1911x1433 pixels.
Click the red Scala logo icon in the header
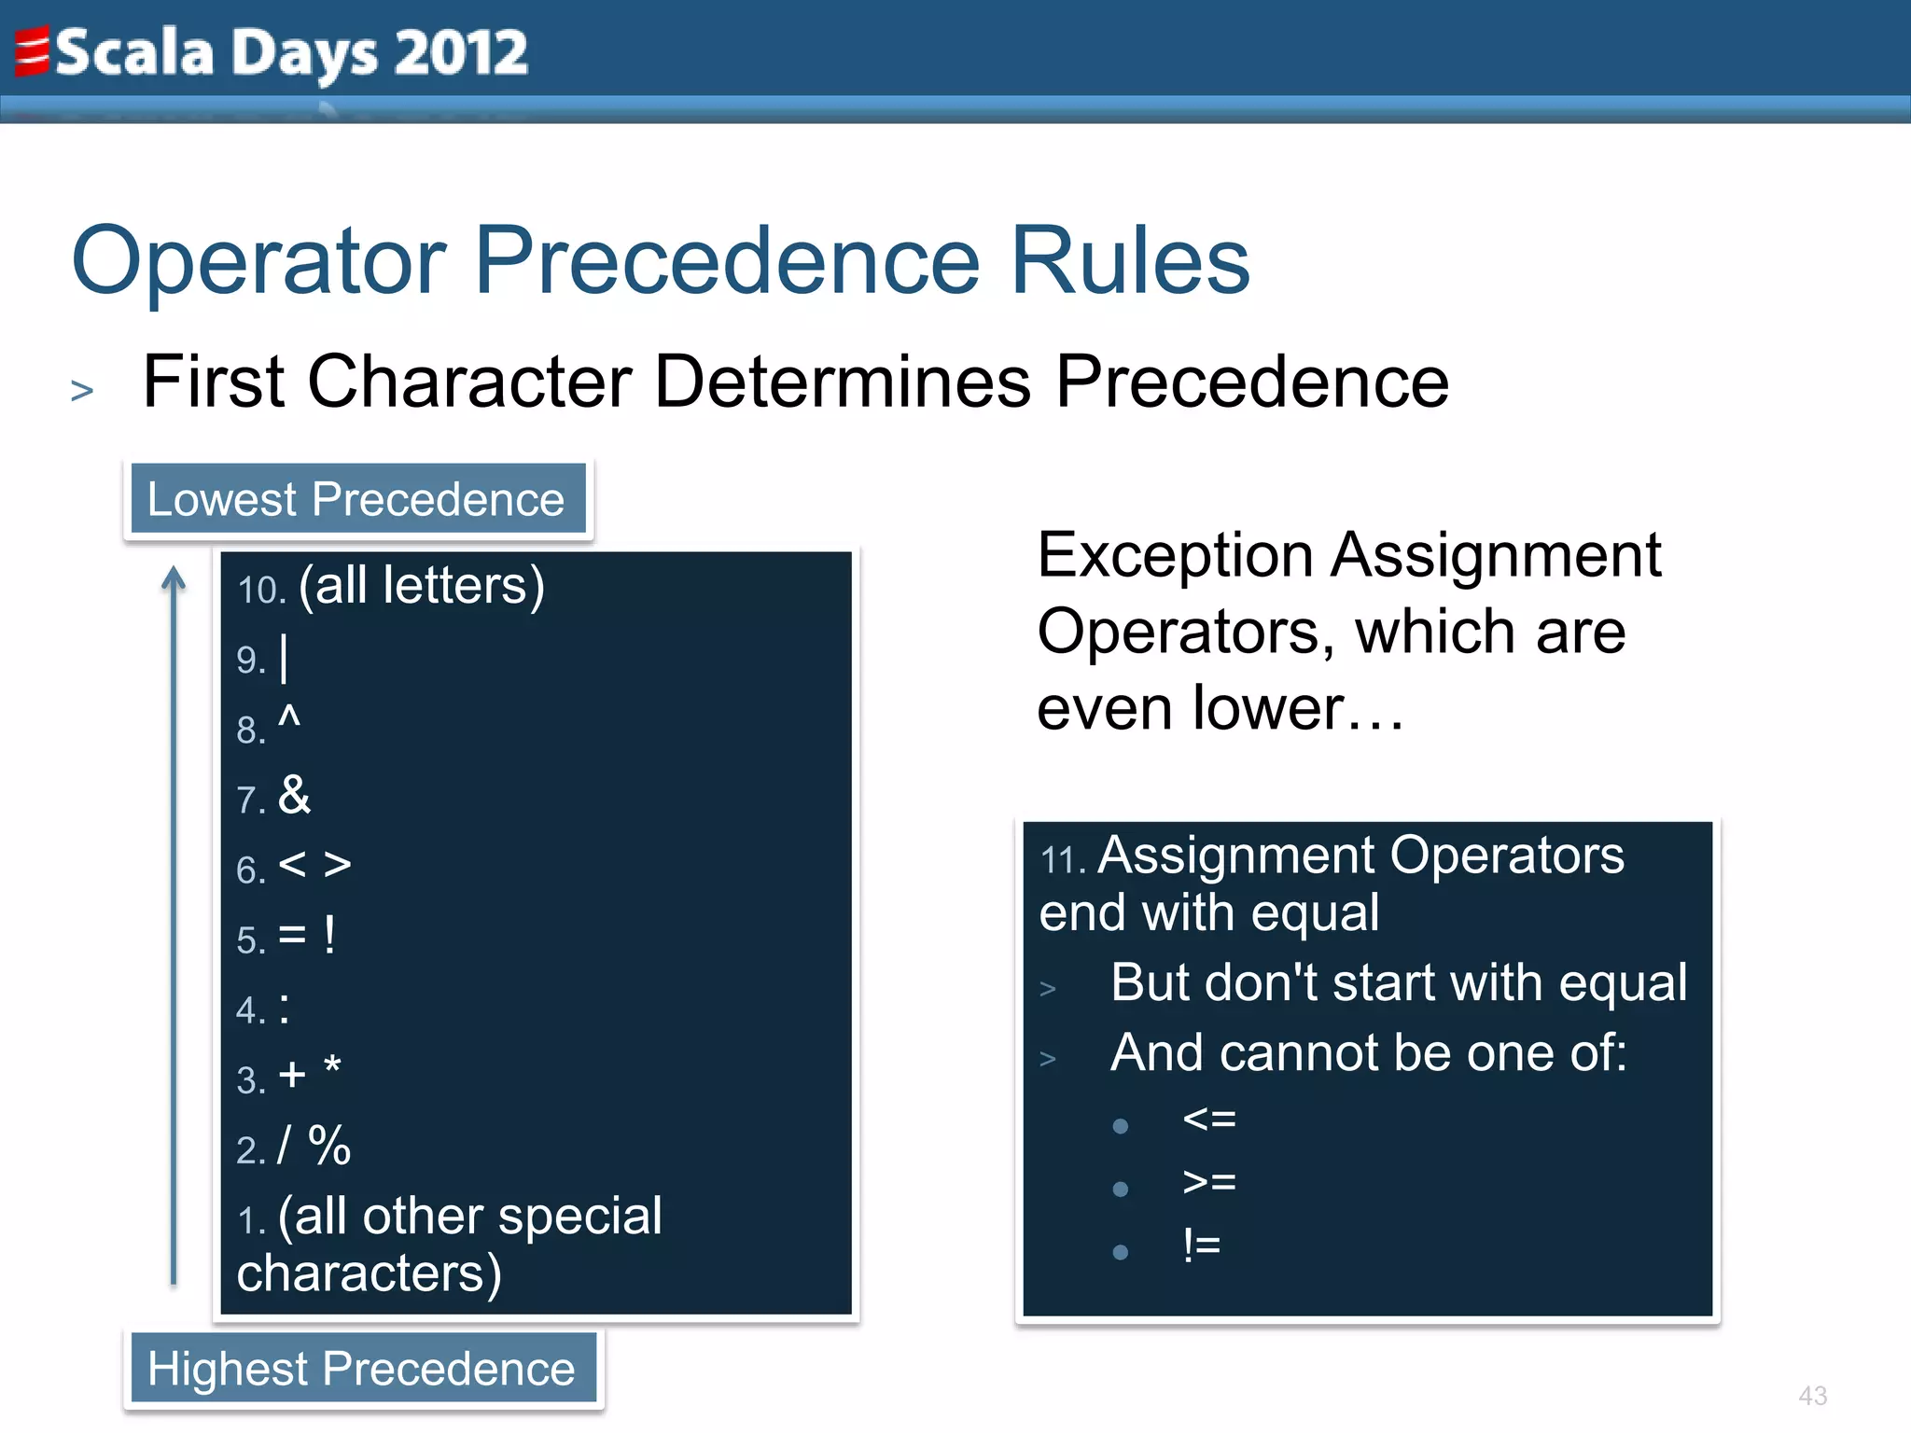pyautogui.click(x=32, y=51)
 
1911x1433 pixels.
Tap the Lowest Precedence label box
pyautogui.click(x=357, y=499)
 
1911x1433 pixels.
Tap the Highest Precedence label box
pyautogui.click(x=362, y=1369)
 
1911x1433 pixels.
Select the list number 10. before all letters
pyautogui.click(x=260, y=591)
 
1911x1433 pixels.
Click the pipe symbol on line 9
pyautogui.click(x=284, y=659)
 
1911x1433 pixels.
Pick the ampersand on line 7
pyautogui.click(x=294, y=796)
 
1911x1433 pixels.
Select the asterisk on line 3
pyautogui.click(x=332, y=1066)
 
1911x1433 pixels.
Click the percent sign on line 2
pyautogui.click(x=329, y=1146)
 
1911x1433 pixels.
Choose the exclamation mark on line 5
pyautogui.click(x=329, y=935)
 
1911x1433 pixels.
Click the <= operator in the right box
pyautogui.click(x=1208, y=1119)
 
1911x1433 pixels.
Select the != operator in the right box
pyautogui.click(x=1201, y=1245)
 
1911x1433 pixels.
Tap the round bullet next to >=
pyautogui.click(x=1121, y=1189)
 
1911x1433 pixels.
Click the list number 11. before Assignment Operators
pyautogui.click(x=1062, y=860)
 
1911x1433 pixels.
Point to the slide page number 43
pyautogui.click(x=1812, y=1396)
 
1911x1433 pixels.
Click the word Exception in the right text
pyautogui.click(x=1176, y=556)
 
